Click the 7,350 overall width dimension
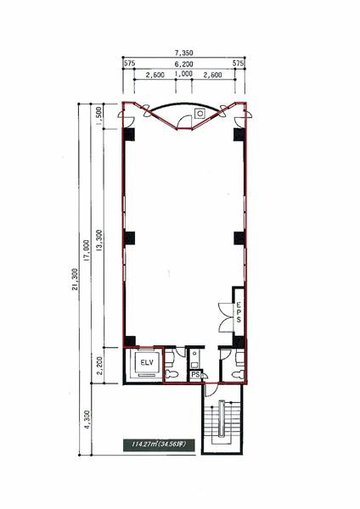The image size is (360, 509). [x=184, y=53]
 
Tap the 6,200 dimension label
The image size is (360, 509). [x=184, y=64]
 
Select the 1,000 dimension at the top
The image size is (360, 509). [x=183, y=74]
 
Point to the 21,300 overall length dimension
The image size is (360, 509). [x=75, y=279]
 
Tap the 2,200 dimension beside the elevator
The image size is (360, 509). [x=99, y=366]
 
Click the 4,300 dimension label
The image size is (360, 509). [x=87, y=420]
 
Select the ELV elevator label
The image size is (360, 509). [x=147, y=363]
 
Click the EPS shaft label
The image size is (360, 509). [x=239, y=312]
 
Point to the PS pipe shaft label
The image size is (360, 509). [x=195, y=375]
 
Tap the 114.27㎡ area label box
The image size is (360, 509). [x=160, y=445]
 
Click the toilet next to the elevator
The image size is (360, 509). [x=172, y=374]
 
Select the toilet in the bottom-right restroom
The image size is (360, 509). [x=238, y=375]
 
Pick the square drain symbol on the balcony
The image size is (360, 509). [x=200, y=114]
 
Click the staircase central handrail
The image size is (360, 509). [x=222, y=419]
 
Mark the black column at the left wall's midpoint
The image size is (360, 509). [x=130, y=238]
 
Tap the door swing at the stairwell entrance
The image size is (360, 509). [x=211, y=390]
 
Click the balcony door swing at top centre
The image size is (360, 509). [x=184, y=122]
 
